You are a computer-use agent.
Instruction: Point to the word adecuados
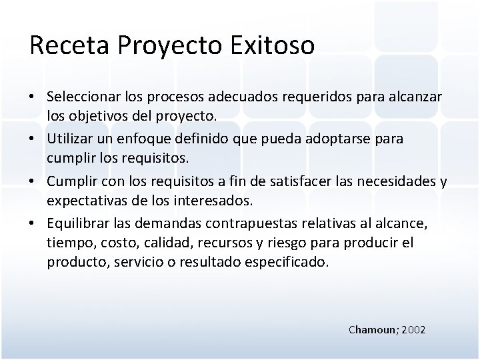click(244, 98)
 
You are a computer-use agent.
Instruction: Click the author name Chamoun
click(372, 329)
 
